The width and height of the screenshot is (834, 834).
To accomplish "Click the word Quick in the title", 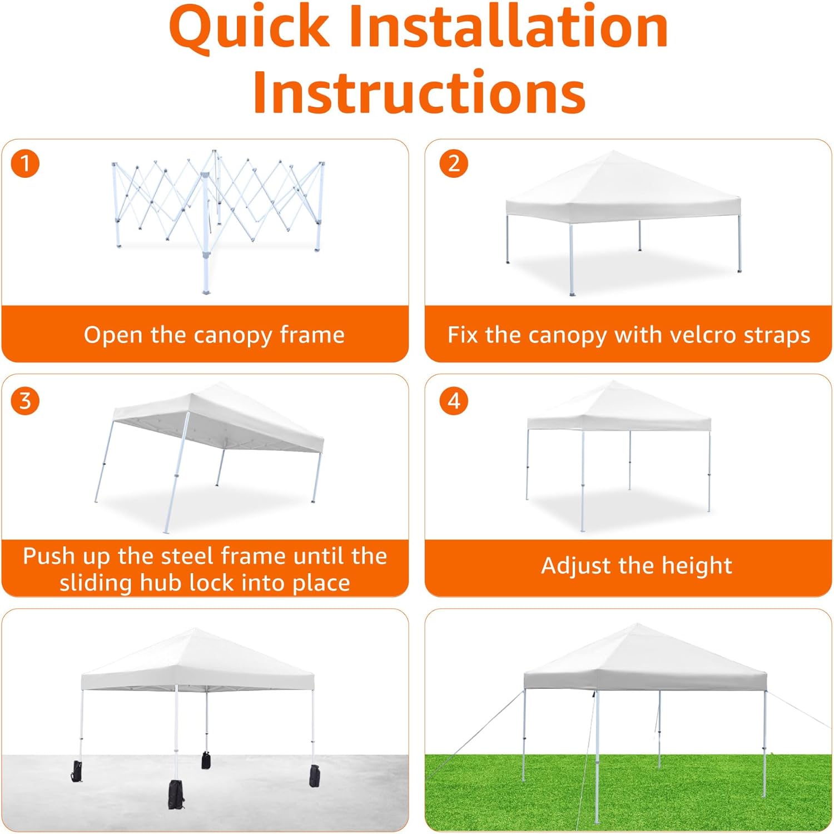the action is tap(250, 28).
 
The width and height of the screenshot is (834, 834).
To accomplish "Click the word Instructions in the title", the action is tap(419, 92).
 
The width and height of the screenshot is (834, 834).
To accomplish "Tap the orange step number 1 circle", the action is tap(25, 164).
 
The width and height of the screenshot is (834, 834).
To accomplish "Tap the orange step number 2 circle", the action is tap(454, 164).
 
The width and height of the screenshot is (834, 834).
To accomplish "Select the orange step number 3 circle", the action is tap(25, 401).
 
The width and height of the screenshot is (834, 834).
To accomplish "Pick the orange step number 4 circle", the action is tap(454, 401).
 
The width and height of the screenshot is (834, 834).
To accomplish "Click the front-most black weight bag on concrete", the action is tap(176, 795).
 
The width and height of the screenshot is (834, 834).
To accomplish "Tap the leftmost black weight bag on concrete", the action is tap(77, 771).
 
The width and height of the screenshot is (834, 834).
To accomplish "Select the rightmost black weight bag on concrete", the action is tap(315, 776).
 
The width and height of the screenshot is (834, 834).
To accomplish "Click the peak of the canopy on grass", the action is tap(638, 625).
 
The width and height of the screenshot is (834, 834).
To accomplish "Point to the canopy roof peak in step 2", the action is tap(612, 151).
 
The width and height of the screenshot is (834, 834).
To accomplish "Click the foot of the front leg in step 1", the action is tap(206, 291).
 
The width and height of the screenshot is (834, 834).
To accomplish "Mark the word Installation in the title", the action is tap(508, 28).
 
